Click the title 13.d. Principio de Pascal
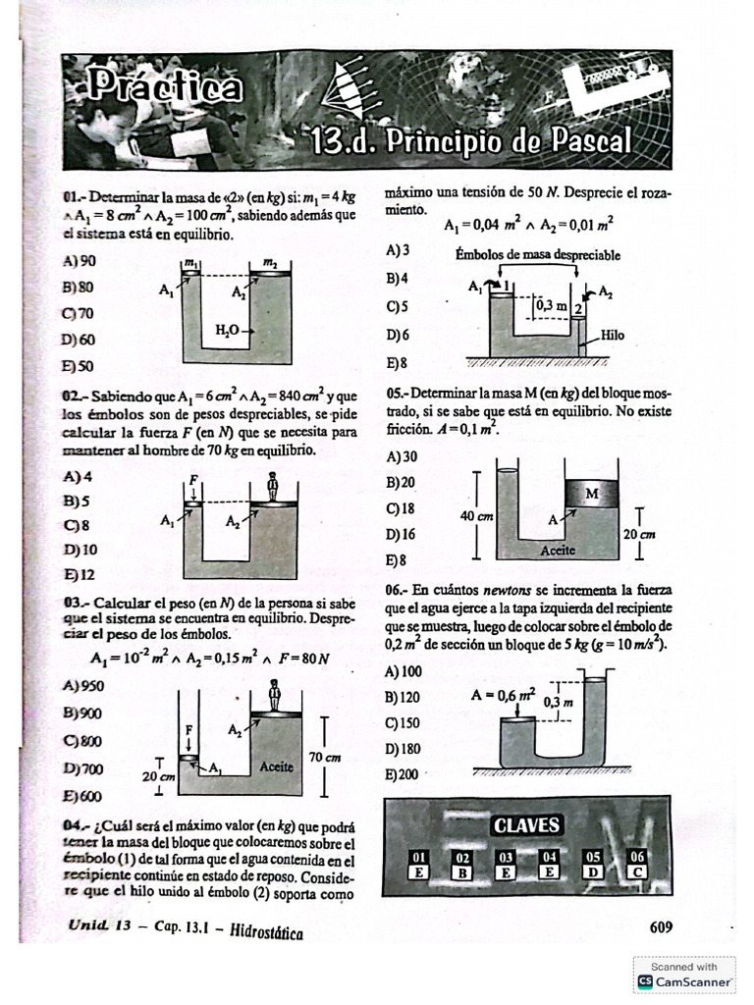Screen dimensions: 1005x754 coord(470,142)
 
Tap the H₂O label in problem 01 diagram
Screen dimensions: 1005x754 coord(228,332)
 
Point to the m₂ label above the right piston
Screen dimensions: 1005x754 coord(269,263)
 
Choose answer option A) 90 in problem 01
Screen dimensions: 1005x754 coord(79,261)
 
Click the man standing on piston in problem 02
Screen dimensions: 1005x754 coord(273,486)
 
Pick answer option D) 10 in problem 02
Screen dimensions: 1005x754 coord(79,550)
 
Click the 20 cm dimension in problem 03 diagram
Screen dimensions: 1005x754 coord(158,775)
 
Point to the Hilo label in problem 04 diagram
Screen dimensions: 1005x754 coord(612,335)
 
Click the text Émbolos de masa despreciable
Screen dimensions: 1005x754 coord(537,255)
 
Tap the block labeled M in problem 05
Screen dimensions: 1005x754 coord(591,495)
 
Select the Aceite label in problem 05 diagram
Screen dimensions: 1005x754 coord(558,551)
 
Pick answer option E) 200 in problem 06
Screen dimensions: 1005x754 coord(403,774)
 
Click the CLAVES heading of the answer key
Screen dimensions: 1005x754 coord(526,825)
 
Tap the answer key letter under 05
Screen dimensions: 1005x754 coord(593,871)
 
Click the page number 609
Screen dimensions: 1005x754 coord(661,926)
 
